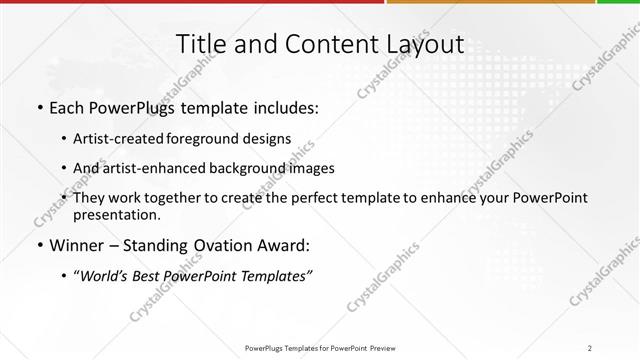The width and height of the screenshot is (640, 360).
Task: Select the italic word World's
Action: [x=104, y=276]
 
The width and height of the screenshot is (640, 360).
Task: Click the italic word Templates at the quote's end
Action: [x=273, y=276]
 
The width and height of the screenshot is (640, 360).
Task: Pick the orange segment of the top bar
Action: [x=490, y=3]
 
